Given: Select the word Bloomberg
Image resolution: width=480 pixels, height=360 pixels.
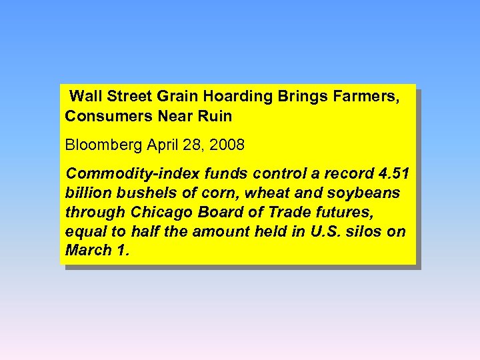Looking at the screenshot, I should [x=105, y=145].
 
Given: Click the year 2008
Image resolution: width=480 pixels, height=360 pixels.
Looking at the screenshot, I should [x=227, y=145].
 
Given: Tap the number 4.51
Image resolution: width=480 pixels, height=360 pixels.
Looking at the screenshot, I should [x=393, y=174].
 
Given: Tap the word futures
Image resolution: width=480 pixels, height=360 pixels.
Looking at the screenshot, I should [x=347, y=213].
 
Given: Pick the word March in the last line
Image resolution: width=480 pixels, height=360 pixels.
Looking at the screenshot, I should [x=87, y=251].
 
